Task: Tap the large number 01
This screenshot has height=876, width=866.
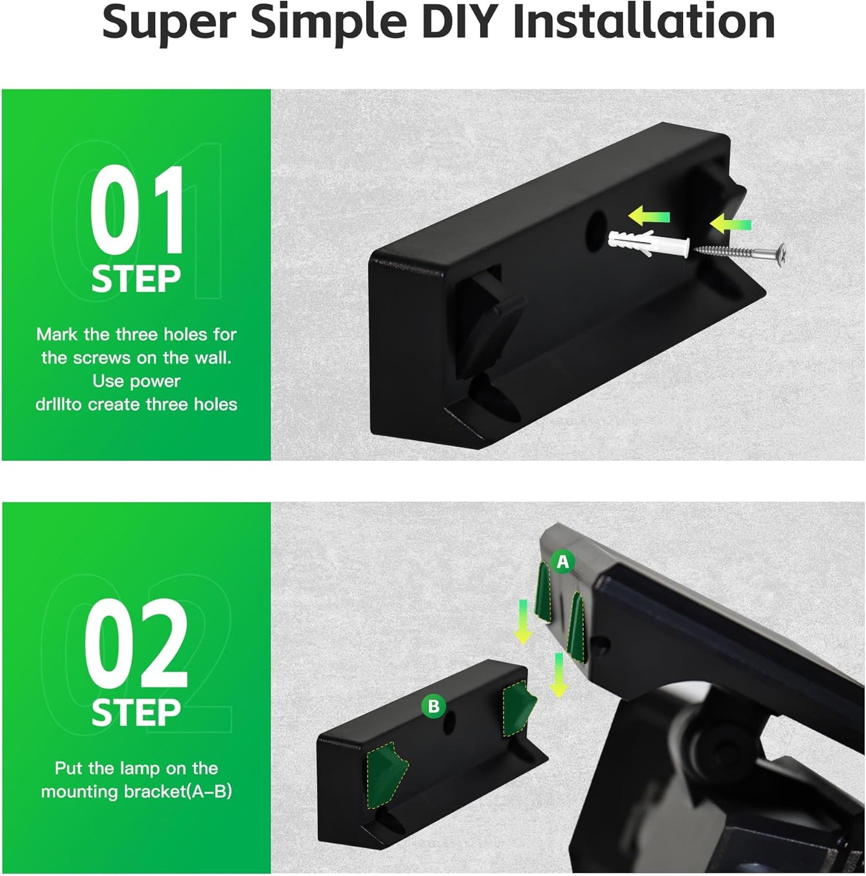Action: (x=137, y=211)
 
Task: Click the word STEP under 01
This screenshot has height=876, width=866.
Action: (x=136, y=280)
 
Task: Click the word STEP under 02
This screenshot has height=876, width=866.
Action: (x=136, y=713)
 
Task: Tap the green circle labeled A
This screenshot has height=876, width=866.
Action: (x=563, y=561)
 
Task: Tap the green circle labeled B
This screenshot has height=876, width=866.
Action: (x=433, y=706)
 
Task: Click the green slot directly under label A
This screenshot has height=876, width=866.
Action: (x=544, y=593)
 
